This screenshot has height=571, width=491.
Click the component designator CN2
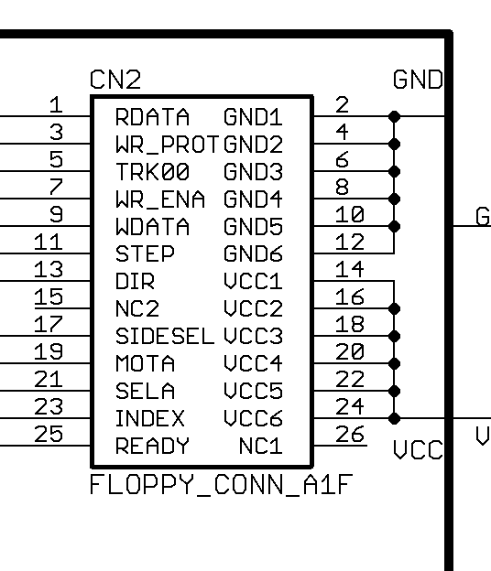coord(115,80)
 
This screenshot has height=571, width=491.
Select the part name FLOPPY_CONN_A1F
coord(222,485)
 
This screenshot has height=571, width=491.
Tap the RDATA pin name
coord(152,117)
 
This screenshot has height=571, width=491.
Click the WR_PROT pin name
coord(168,145)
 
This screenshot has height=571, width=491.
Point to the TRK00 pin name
coord(152,171)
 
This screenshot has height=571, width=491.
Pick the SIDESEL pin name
coord(165,336)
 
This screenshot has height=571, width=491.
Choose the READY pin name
coord(152,446)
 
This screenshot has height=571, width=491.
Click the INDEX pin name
coord(150,418)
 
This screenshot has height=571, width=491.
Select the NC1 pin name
coord(261,446)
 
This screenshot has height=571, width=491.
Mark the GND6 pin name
coord(253,253)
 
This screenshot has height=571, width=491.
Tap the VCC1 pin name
coord(253,281)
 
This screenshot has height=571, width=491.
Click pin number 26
coord(350,434)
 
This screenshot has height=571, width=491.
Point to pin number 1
coord(56,104)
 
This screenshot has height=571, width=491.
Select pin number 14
coord(350,269)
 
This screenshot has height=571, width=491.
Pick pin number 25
coord(49,434)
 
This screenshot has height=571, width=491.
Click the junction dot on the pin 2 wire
coord(394,116)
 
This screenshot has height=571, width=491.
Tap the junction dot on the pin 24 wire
coord(394,418)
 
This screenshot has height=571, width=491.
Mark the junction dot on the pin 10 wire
coord(394,227)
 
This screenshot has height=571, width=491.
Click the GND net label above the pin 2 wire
coord(418,80)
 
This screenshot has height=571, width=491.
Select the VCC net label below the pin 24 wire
coord(418,449)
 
